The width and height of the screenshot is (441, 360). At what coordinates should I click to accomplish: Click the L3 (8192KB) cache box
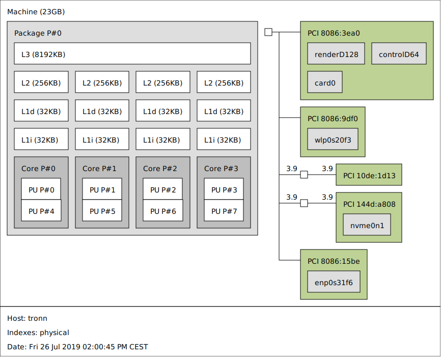pyautogui.click(x=132, y=53)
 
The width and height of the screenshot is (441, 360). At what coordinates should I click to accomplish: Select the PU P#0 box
pyautogui.click(x=41, y=190)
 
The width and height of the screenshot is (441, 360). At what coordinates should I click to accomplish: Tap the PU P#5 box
pyautogui.click(x=102, y=211)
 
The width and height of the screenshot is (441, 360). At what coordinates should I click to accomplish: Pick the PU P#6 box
pyautogui.click(x=163, y=211)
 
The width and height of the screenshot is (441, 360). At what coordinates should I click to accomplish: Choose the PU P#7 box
pyautogui.click(x=224, y=211)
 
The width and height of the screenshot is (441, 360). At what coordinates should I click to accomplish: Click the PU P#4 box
pyautogui.click(x=41, y=211)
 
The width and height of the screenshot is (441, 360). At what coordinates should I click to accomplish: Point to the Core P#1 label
pyautogui.click(x=99, y=169)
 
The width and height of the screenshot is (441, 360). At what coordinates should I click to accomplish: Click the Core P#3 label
pyautogui.click(x=221, y=169)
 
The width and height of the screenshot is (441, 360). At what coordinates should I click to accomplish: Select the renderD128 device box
pyautogui.click(x=336, y=54)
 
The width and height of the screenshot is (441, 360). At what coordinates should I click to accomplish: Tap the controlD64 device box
pyautogui.click(x=399, y=54)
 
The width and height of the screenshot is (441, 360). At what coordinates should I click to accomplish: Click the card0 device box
pyautogui.click(x=325, y=82)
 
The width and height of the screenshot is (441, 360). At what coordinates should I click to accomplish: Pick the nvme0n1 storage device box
pyautogui.click(x=367, y=225)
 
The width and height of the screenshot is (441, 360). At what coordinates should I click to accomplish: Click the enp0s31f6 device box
pyautogui.click(x=334, y=282)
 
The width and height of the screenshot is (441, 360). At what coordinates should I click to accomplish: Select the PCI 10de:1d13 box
pyautogui.click(x=369, y=175)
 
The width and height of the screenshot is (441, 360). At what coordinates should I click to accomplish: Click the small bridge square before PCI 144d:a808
pyautogui.click(x=304, y=204)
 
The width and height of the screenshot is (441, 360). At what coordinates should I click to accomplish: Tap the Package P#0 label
pyautogui.click(x=38, y=33)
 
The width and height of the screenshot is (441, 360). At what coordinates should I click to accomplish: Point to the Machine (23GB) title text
pyautogui.click(x=36, y=12)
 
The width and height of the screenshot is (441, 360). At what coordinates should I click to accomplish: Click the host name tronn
pyautogui.click(x=38, y=318)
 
